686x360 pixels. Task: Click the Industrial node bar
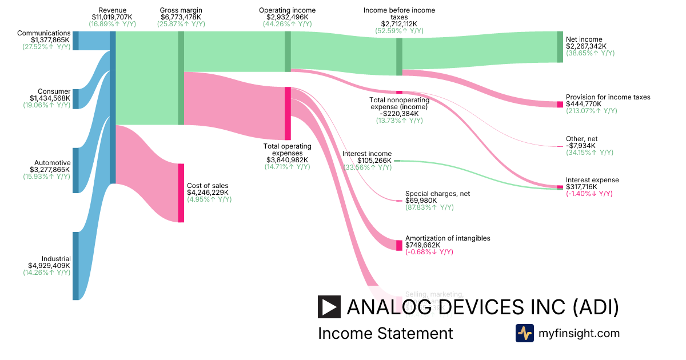[75, 266]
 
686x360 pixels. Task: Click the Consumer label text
[54, 91]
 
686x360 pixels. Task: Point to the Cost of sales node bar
[181, 193]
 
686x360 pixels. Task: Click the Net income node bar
[560, 47]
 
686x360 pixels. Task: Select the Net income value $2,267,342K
[586, 46]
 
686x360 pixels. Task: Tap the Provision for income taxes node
[560, 105]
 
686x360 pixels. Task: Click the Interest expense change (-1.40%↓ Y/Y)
[589, 194]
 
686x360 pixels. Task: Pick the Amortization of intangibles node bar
[399, 245]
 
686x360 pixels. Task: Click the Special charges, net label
[437, 194]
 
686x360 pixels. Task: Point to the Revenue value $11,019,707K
[113, 17]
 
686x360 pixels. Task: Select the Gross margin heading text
[181, 10]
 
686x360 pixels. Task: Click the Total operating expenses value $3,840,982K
[287, 160]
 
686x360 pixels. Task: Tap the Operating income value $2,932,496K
[287, 17]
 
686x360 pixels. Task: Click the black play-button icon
[329, 307]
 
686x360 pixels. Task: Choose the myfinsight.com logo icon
[524, 333]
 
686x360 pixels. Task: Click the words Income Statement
[385, 333]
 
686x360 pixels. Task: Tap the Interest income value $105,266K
[367, 161]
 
